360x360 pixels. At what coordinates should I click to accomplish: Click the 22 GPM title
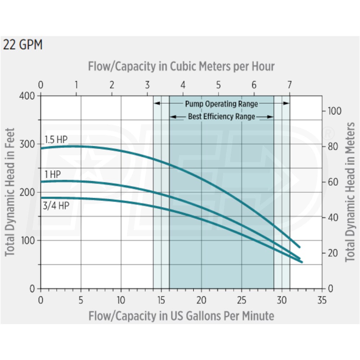tap(23, 45)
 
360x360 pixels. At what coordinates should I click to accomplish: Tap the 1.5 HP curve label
tap(56, 139)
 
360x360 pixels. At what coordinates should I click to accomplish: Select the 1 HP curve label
tap(53, 175)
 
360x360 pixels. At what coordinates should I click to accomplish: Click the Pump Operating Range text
tap(221, 104)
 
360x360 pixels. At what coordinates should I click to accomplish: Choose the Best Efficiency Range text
tap(221, 116)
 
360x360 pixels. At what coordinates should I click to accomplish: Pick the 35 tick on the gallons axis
tap(322, 300)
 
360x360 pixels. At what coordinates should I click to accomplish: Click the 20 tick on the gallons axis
tap(201, 300)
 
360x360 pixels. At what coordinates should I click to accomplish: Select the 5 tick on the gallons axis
tap(81, 300)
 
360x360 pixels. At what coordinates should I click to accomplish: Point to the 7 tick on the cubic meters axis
tap(289, 85)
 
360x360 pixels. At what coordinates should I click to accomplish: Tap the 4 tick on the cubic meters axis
tap(183, 85)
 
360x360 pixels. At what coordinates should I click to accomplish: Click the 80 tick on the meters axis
tap(332, 147)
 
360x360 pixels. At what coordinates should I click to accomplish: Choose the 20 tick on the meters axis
tap(332, 253)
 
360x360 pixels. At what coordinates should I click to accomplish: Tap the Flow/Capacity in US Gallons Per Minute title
tap(181, 316)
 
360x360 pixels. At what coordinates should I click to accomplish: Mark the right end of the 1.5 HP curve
tap(299, 247)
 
